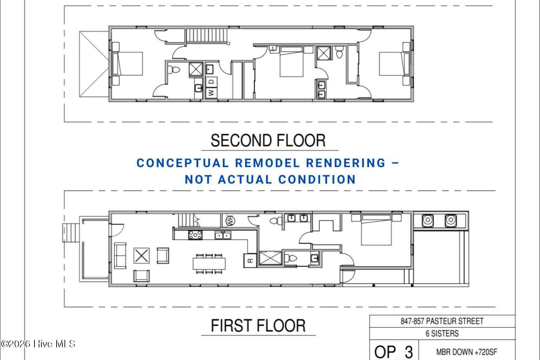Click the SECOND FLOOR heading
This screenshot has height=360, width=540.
268,141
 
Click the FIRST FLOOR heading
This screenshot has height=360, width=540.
258,326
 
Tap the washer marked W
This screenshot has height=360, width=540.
211,93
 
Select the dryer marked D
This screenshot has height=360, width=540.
211,82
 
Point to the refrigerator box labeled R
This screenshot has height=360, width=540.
250,261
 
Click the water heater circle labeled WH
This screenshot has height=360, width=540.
230,221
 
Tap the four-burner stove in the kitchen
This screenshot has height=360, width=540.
195,235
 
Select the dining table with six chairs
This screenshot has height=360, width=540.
209,264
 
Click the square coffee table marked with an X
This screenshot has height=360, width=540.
142,256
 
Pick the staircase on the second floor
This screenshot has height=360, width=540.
207,36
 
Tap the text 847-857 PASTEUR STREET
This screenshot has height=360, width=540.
442,321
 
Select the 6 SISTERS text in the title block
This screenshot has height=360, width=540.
442,334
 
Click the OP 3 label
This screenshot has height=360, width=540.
394,352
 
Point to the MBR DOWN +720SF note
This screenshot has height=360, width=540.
467,352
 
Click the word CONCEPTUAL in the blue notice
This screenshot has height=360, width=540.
182,163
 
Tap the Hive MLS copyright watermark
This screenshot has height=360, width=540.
38,344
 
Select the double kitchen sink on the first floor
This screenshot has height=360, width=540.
223,235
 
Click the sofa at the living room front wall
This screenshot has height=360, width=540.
120,256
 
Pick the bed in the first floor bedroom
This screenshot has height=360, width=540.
376,230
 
